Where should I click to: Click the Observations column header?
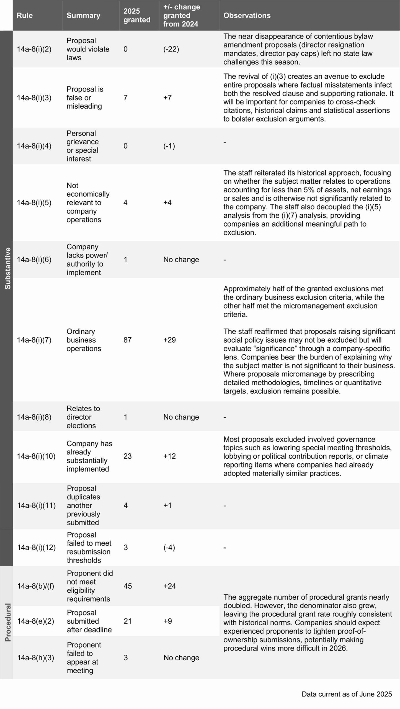247,16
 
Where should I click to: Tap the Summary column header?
83,16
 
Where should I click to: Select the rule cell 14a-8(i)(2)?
34,49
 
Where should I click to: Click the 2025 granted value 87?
127,340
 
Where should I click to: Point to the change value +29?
169,340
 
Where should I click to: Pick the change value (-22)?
171,49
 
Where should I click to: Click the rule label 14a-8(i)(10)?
36,456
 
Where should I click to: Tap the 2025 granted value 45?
127,586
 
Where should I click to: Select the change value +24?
169,586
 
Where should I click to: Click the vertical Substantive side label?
7,268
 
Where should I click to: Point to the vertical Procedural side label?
7,622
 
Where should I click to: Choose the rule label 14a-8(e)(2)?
35,621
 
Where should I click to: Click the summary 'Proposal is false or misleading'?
84,97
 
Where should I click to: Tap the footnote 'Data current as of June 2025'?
347,694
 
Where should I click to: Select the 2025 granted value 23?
127,456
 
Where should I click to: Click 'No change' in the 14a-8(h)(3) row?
181,658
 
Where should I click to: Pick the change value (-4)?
169,548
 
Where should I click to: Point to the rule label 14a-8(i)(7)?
34,340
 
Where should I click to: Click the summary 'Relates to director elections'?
83,417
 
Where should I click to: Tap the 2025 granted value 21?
127,621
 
